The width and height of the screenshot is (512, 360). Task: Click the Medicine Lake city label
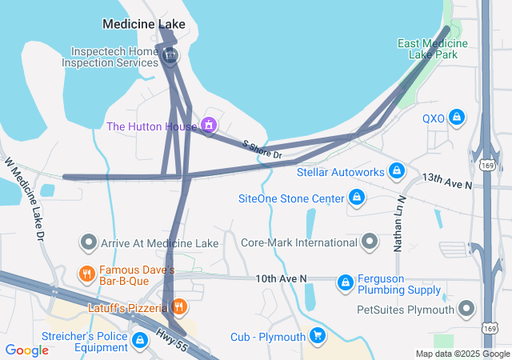144,24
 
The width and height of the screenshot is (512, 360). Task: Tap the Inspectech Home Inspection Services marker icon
170,56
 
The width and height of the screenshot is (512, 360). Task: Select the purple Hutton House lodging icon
209,126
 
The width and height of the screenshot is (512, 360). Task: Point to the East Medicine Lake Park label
433,49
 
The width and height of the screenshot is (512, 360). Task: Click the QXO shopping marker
456,118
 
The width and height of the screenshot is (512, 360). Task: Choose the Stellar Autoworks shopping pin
396,171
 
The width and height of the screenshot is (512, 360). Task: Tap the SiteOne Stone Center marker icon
357,198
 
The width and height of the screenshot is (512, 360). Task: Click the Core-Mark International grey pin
370,242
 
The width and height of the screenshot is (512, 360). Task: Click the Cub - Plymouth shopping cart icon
318,336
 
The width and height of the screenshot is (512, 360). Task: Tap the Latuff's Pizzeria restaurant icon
179,306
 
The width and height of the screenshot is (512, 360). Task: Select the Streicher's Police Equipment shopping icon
141,341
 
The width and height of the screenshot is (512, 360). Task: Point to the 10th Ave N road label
281,278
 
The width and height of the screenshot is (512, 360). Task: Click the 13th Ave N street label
447,180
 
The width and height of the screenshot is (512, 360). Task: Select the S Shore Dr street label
263,148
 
